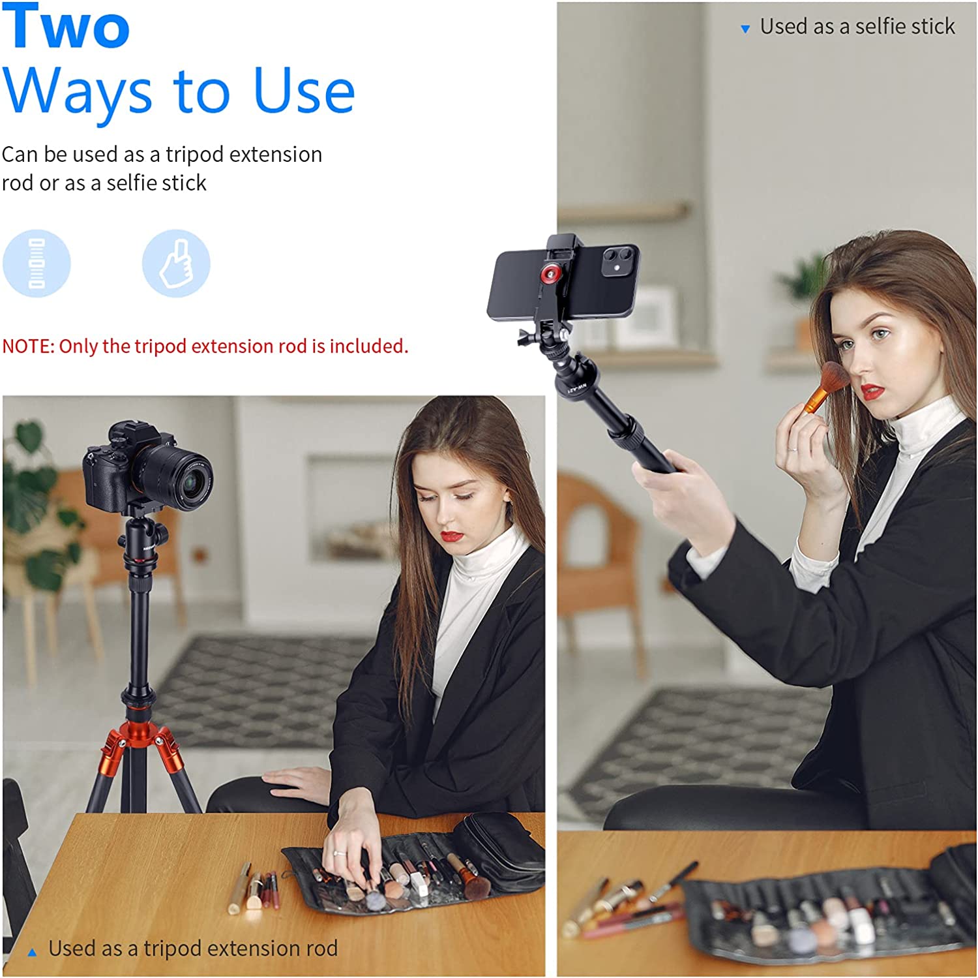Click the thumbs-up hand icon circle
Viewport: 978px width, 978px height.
(176, 263)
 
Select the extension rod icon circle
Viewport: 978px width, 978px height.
(37, 263)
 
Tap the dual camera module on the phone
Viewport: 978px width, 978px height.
(620, 260)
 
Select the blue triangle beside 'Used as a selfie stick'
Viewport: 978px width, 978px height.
(745, 29)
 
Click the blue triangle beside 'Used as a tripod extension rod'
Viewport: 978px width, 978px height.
(32, 953)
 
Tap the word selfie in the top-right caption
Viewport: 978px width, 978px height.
(878, 26)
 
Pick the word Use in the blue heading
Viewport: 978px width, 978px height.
(304, 90)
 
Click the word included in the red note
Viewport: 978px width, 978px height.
(368, 346)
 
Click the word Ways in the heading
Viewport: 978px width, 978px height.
(78, 93)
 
